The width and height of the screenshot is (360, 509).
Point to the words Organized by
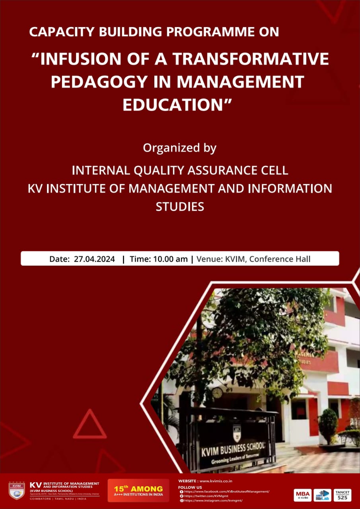[180, 148]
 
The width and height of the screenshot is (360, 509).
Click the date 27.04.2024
[94, 259]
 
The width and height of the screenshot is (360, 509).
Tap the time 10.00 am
[170, 259]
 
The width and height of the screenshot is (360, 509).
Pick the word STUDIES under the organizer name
[180, 206]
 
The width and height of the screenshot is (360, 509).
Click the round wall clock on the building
[217, 393]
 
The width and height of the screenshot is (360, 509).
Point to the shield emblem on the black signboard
[237, 429]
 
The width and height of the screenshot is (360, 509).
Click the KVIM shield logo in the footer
[17, 490]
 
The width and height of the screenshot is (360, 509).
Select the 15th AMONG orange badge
[138, 490]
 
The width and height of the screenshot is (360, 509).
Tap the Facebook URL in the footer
[227, 492]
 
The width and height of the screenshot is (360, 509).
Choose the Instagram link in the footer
[213, 500]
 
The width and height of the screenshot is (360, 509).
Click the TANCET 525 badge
[342, 495]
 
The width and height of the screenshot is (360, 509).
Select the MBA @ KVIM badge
[303, 495]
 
